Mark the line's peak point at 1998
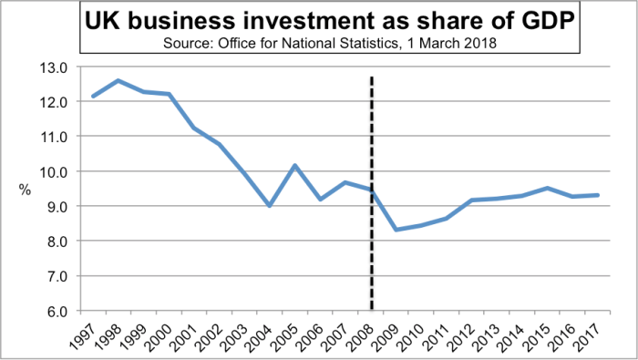(118, 80)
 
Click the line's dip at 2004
(270, 206)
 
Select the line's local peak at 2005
(295, 165)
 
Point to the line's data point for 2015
(548, 188)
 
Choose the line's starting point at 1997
(93, 96)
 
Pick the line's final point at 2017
(598, 195)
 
